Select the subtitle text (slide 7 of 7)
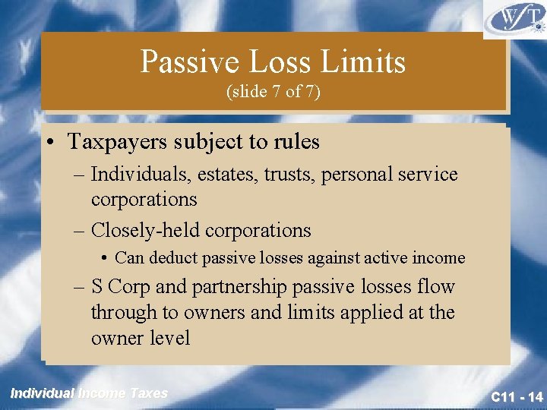pyautogui.click(x=273, y=92)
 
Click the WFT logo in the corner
pyautogui.click(x=514, y=19)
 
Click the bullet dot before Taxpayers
pyautogui.click(x=49, y=142)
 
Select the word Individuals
pyautogui.click(x=137, y=175)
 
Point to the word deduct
pyautogui.click(x=171, y=258)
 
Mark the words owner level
pyautogui.click(x=141, y=338)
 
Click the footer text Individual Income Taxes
pyautogui.click(x=89, y=393)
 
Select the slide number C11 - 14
pyautogui.click(x=517, y=396)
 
